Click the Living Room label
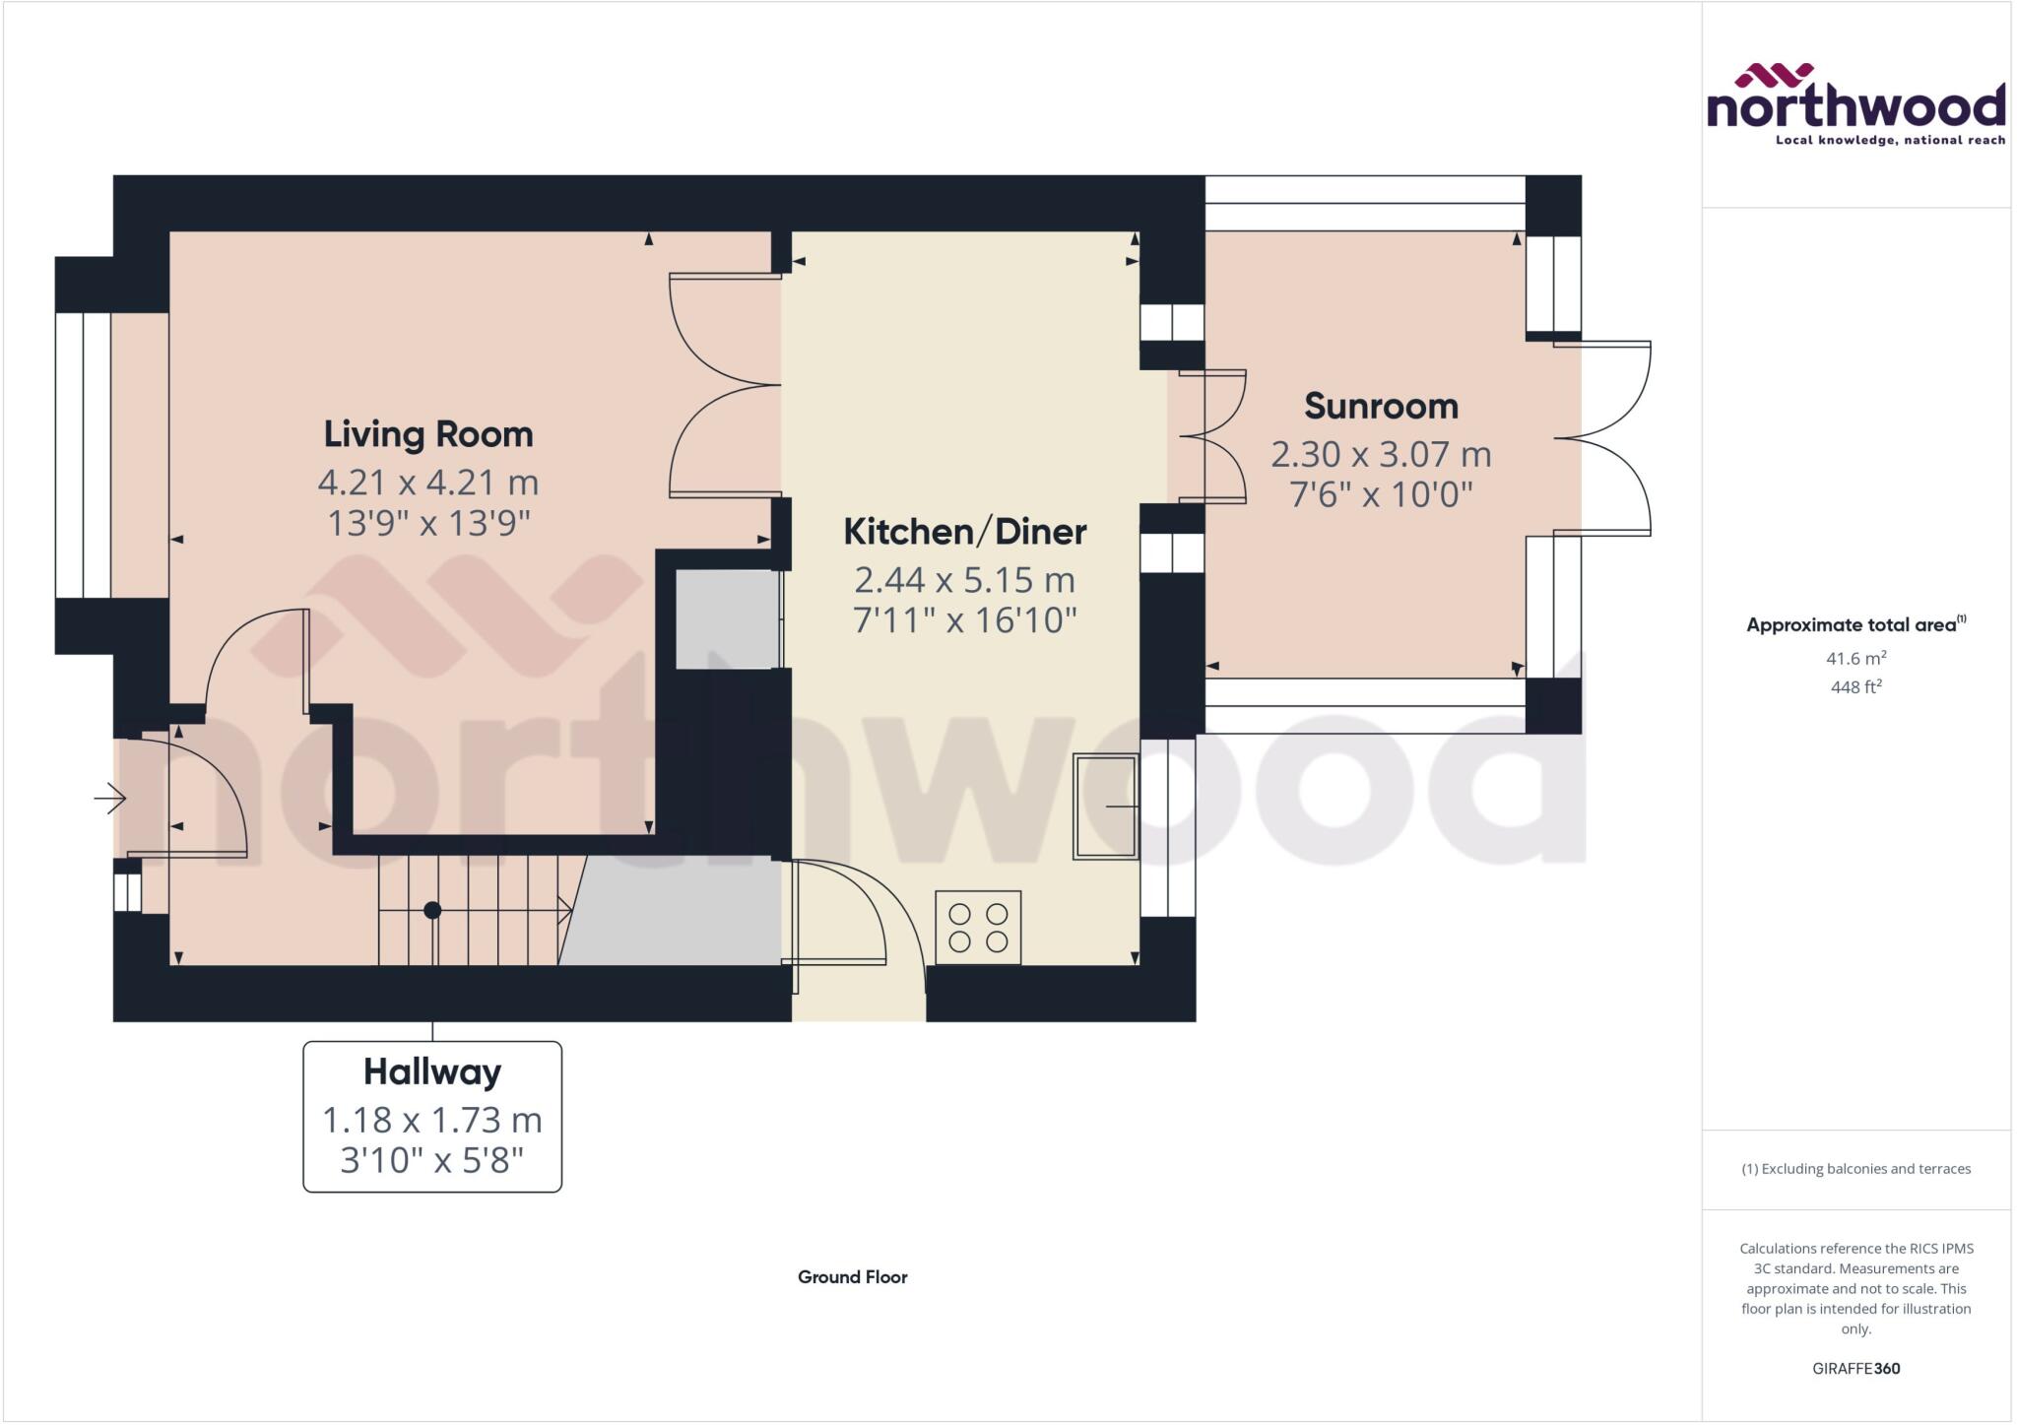click(428, 434)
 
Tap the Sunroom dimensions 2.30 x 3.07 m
click(1381, 455)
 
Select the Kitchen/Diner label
click(965, 532)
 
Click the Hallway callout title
click(432, 1071)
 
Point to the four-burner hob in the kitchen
click(978, 927)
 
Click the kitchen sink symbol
click(1106, 807)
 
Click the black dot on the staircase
click(432, 910)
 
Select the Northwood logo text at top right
click(1855, 107)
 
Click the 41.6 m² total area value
click(1855, 658)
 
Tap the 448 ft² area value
click(1855, 687)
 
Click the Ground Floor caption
click(852, 1277)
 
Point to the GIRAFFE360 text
click(1855, 1368)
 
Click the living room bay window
click(83, 455)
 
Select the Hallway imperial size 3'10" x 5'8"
click(432, 1161)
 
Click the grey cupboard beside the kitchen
click(727, 619)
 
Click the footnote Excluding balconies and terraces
click(1855, 1169)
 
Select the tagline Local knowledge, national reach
click(1890, 141)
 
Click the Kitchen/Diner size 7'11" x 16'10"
click(965, 620)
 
